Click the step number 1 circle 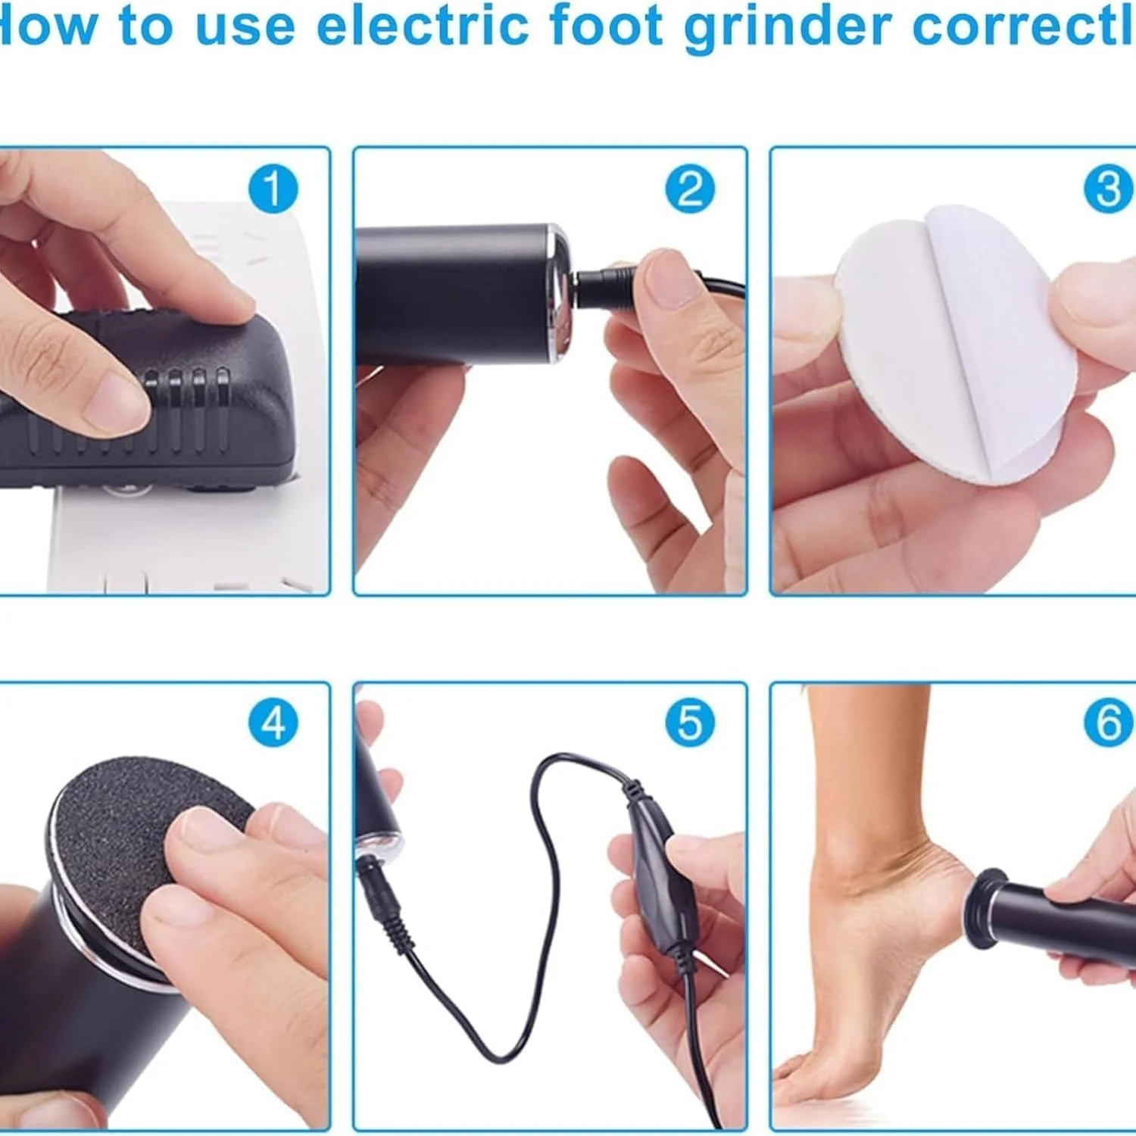tap(273, 189)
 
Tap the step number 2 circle tap(689, 189)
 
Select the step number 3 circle tap(1108, 189)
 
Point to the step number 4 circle tap(273, 722)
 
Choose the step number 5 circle tap(689, 722)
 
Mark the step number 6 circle tap(1108, 722)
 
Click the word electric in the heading tap(423, 26)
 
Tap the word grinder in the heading tap(788, 27)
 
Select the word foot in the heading tap(607, 26)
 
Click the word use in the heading tap(245, 27)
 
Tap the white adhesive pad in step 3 tap(947, 341)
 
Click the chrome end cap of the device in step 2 tap(561, 292)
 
